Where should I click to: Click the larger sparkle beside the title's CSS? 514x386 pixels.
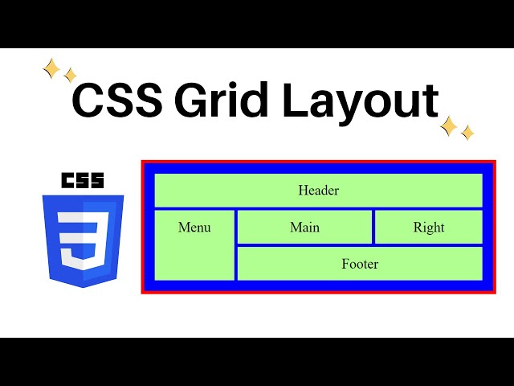pyautogui.click(x=51, y=70)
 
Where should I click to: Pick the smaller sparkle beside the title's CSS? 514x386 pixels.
pyautogui.click(x=70, y=76)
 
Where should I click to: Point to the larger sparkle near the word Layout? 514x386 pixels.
pyautogui.click(x=449, y=126)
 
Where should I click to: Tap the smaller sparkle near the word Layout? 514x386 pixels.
pyautogui.click(x=467, y=133)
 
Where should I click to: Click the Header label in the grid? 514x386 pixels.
pyautogui.click(x=318, y=191)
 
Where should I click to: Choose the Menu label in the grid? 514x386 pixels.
pyautogui.click(x=194, y=228)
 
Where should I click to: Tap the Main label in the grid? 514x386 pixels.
pyautogui.click(x=304, y=228)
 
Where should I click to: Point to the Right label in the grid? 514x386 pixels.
pyautogui.click(x=428, y=228)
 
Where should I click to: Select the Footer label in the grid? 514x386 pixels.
pyautogui.click(x=359, y=264)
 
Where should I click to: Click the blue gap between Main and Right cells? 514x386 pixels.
pyautogui.click(x=373, y=227)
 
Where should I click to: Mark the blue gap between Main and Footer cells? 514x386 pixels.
pyautogui.click(x=304, y=244)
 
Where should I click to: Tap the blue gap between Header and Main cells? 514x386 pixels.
pyautogui.click(x=304, y=209)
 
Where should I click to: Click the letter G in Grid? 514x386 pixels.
pyautogui.click(x=190, y=102)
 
